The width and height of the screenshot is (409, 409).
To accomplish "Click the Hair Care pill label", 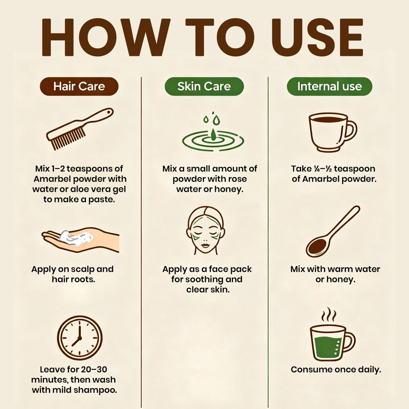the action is (79, 86).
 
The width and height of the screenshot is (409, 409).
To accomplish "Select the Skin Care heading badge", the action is (204, 86).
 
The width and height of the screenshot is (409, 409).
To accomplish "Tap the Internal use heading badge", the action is (329, 86).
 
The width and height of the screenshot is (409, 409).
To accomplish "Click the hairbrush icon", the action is (80, 129).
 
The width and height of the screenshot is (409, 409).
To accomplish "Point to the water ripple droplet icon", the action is (213, 133).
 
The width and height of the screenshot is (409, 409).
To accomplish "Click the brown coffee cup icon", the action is (333, 132).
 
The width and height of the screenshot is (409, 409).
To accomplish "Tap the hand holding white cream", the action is (80, 240).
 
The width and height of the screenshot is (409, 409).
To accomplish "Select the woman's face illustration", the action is (206, 230).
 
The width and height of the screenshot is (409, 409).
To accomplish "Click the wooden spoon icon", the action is (333, 231).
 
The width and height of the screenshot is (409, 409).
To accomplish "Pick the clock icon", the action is (80, 337).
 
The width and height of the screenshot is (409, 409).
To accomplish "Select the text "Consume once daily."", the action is (336, 370).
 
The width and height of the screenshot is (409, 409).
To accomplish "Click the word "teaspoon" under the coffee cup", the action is (355, 169).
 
